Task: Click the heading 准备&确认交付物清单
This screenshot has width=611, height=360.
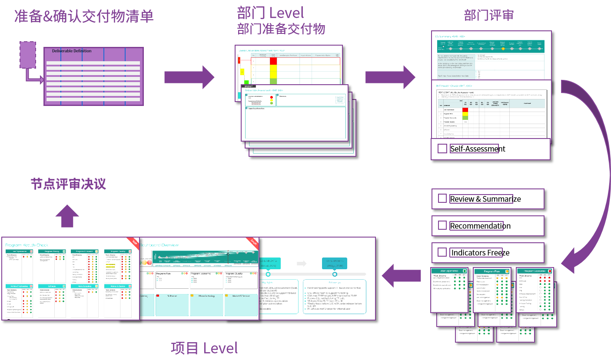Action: [84, 16]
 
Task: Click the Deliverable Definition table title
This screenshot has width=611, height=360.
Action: [72, 51]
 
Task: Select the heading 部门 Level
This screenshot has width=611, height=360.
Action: [270, 13]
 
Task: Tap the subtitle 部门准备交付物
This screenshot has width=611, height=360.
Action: [281, 29]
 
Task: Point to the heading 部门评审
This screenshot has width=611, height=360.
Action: [489, 15]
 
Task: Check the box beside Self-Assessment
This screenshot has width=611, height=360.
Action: [442, 149]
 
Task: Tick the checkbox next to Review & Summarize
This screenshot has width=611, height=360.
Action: [442, 199]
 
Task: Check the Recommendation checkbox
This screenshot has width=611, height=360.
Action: [442, 226]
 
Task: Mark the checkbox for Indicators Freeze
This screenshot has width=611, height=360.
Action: [442, 252]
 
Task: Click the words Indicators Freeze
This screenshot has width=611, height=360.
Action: [480, 253]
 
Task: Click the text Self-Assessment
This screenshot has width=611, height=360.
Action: [478, 149]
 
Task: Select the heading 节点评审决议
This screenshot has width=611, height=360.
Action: [68, 184]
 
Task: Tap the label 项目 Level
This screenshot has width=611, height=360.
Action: [204, 348]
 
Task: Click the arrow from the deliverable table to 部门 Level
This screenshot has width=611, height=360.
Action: [189, 77]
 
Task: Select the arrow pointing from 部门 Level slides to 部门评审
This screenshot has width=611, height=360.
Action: [390, 77]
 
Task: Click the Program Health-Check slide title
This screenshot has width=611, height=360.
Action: [27, 245]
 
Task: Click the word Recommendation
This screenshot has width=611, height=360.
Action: [480, 226]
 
